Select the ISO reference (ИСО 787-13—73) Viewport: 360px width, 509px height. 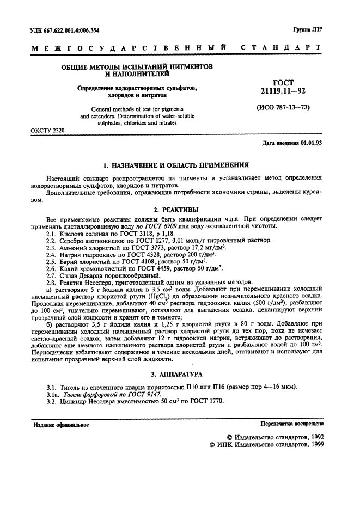coord(283,107)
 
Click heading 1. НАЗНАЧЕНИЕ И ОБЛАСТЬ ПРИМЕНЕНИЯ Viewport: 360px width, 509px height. coord(176,164)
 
